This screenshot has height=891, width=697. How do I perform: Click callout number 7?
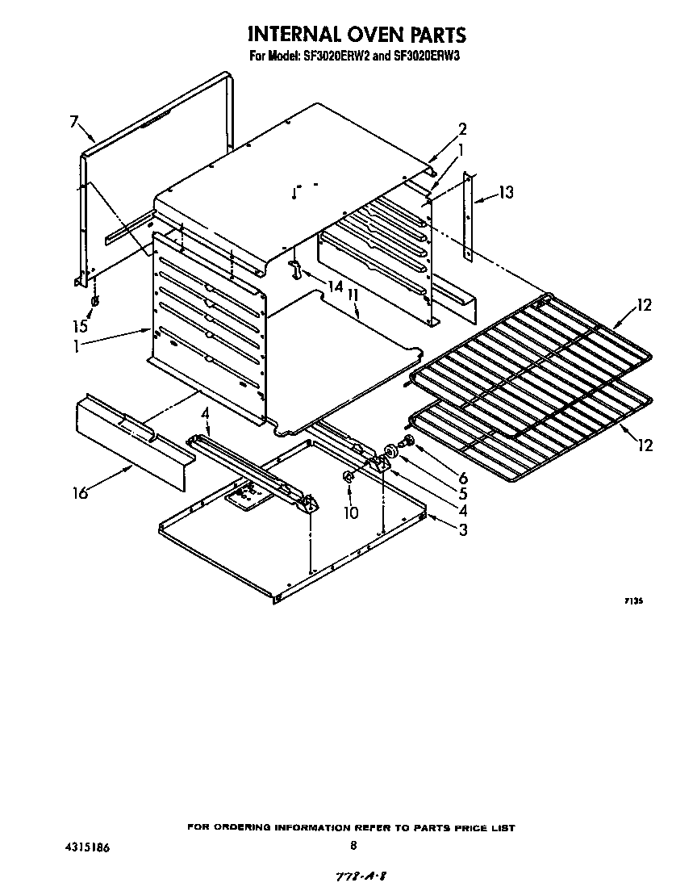(74, 122)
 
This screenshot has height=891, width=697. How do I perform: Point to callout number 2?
(462, 129)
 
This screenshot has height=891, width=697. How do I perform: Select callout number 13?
(505, 192)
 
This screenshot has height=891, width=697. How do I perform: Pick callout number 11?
(353, 296)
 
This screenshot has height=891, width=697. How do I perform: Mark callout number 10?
(352, 512)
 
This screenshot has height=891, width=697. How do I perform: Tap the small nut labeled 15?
(94, 302)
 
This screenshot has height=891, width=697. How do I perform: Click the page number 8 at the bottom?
(353, 845)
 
